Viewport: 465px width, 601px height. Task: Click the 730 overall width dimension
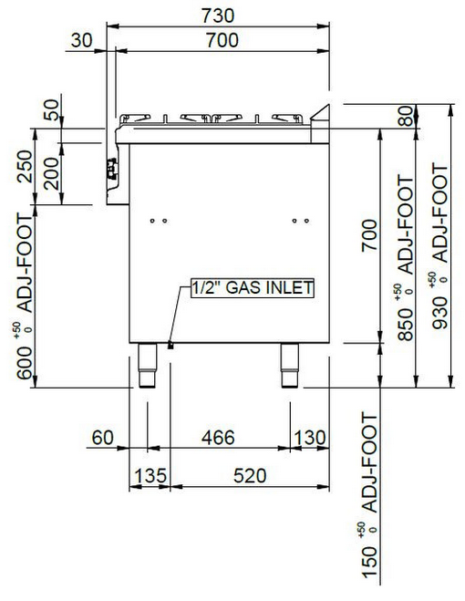(x=218, y=16)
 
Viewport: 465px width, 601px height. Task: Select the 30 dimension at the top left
(x=82, y=40)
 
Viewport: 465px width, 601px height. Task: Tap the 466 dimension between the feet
(x=218, y=438)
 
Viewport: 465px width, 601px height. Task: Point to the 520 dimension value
(x=250, y=476)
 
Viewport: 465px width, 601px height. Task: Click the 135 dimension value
(x=150, y=476)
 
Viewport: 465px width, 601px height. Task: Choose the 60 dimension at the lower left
(x=103, y=438)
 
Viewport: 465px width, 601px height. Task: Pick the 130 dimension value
(x=310, y=438)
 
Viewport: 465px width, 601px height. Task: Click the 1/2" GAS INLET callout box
(x=253, y=288)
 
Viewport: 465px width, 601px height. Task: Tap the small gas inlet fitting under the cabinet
(x=170, y=346)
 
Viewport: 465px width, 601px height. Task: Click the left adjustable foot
(x=148, y=366)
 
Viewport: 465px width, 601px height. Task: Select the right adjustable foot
(x=289, y=366)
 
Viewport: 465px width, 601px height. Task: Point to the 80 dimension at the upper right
(x=406, y=117)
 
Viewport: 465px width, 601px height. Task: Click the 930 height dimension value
(x=439, y=313)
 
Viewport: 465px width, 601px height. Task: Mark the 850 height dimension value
(x=406, y=325)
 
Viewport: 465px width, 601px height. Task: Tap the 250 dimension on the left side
(x=25, y=166)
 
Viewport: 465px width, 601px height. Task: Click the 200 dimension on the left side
(x=52, y=173)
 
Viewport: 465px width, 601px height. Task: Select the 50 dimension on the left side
(x=52, y=110)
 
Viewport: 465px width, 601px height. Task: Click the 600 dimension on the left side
(x=25, y=363)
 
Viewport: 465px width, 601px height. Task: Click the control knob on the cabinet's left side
(x=111, y=169)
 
